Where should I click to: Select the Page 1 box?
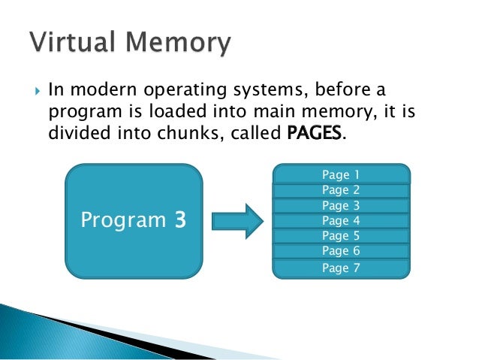[341, 174]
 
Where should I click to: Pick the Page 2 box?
[341, 190]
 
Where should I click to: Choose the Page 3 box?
[341, 205]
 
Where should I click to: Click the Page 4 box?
[341, 220]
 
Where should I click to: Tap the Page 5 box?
[341, 236]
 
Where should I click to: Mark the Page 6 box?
[341, 251]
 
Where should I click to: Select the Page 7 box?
[341, 268]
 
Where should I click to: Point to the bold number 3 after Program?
[180, 220]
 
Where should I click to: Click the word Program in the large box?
[123, 221]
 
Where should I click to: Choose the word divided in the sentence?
[76, 135]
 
